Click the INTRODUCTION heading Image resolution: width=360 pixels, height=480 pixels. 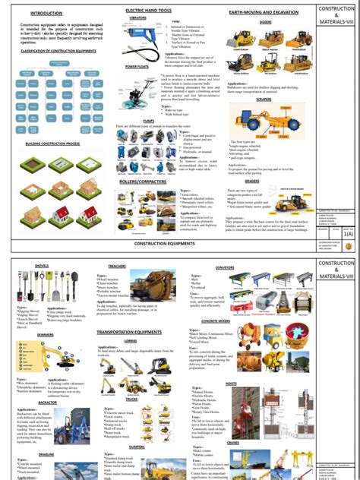[x=46, y=13]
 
